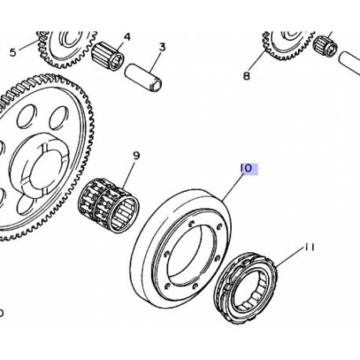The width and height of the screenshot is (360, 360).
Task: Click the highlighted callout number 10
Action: pos(245,168)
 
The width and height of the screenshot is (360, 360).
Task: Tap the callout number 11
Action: pos(309,247)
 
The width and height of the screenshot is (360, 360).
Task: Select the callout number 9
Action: pos(135,156)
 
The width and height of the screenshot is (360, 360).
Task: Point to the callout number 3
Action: pos(162,47)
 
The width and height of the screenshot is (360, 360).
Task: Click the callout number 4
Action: pos(127,36)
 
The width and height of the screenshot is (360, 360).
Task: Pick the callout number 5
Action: pos(12,53)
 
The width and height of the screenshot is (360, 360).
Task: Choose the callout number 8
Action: pos(246,76)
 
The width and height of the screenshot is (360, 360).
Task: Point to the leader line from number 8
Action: pos(255,64)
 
